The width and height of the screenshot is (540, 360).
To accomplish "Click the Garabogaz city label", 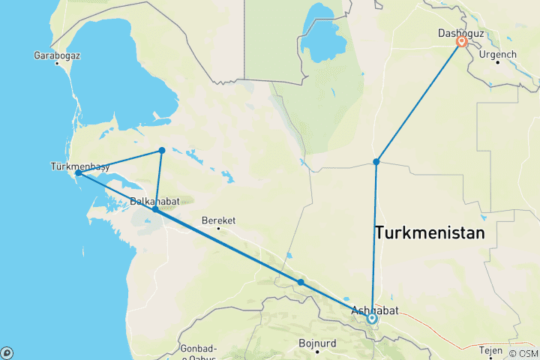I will [x=57, y=55].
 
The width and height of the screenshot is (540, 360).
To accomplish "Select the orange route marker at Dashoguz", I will [x=462, y=43].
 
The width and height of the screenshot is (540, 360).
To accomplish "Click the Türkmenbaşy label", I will [x=80, y=166].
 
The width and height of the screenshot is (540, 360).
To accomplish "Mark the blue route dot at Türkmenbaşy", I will [x=78, y=173].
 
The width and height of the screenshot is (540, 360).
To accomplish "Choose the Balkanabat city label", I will [x=154, y=201].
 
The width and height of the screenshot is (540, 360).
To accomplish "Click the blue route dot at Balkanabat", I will [x=155, y=209].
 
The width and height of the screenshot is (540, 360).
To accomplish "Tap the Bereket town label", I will [x=219, y=220].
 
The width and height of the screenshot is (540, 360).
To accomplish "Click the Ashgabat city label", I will [x=375, y=310].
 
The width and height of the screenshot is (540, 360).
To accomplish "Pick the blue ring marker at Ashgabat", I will [x=372, y=319].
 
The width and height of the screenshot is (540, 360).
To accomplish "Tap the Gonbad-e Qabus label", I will [x=199, y=352].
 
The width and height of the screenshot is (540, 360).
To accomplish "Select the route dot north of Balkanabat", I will [x=161, y=151].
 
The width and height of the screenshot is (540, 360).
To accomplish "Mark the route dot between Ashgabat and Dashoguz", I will [x=376, y=161].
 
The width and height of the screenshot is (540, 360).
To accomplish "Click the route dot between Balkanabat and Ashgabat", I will [x=300, y=283].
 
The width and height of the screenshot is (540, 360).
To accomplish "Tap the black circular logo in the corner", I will [x=7, y=352].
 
